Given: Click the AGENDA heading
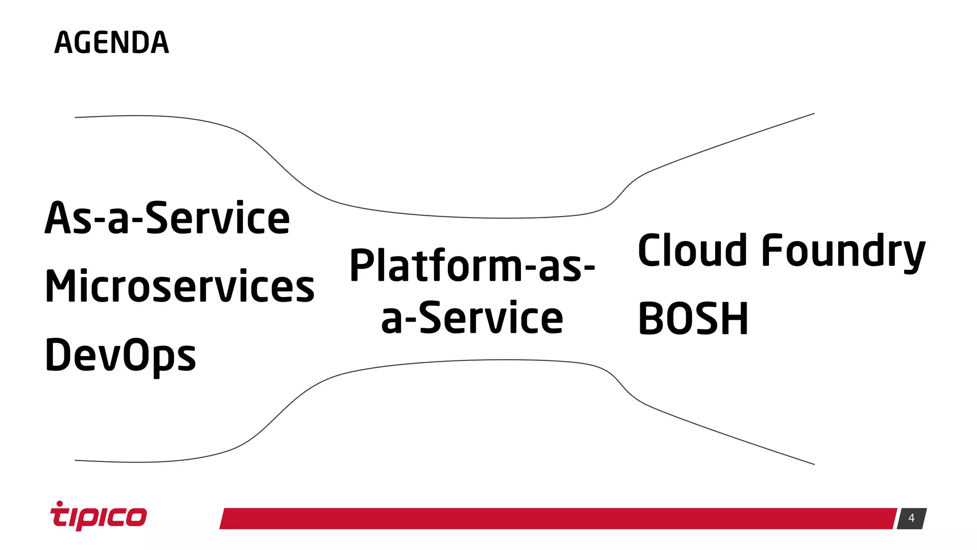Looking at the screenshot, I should (x=112, y=42).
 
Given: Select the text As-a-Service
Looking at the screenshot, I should (x=167, y=218).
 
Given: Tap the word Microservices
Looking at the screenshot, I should (x=179, y=286).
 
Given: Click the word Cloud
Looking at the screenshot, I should (x=692, y=250).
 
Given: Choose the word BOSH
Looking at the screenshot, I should (x=693, y=319).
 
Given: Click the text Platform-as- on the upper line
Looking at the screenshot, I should (x=472, y=265).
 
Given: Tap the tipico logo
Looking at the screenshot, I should (x=99, y=517).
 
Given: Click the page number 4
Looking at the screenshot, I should (x=911, y=518).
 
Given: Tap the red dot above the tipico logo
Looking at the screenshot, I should (x=60, y=503).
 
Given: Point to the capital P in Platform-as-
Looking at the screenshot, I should (x=363, y=265).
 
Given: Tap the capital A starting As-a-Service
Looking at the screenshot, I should (x=57, y=218).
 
